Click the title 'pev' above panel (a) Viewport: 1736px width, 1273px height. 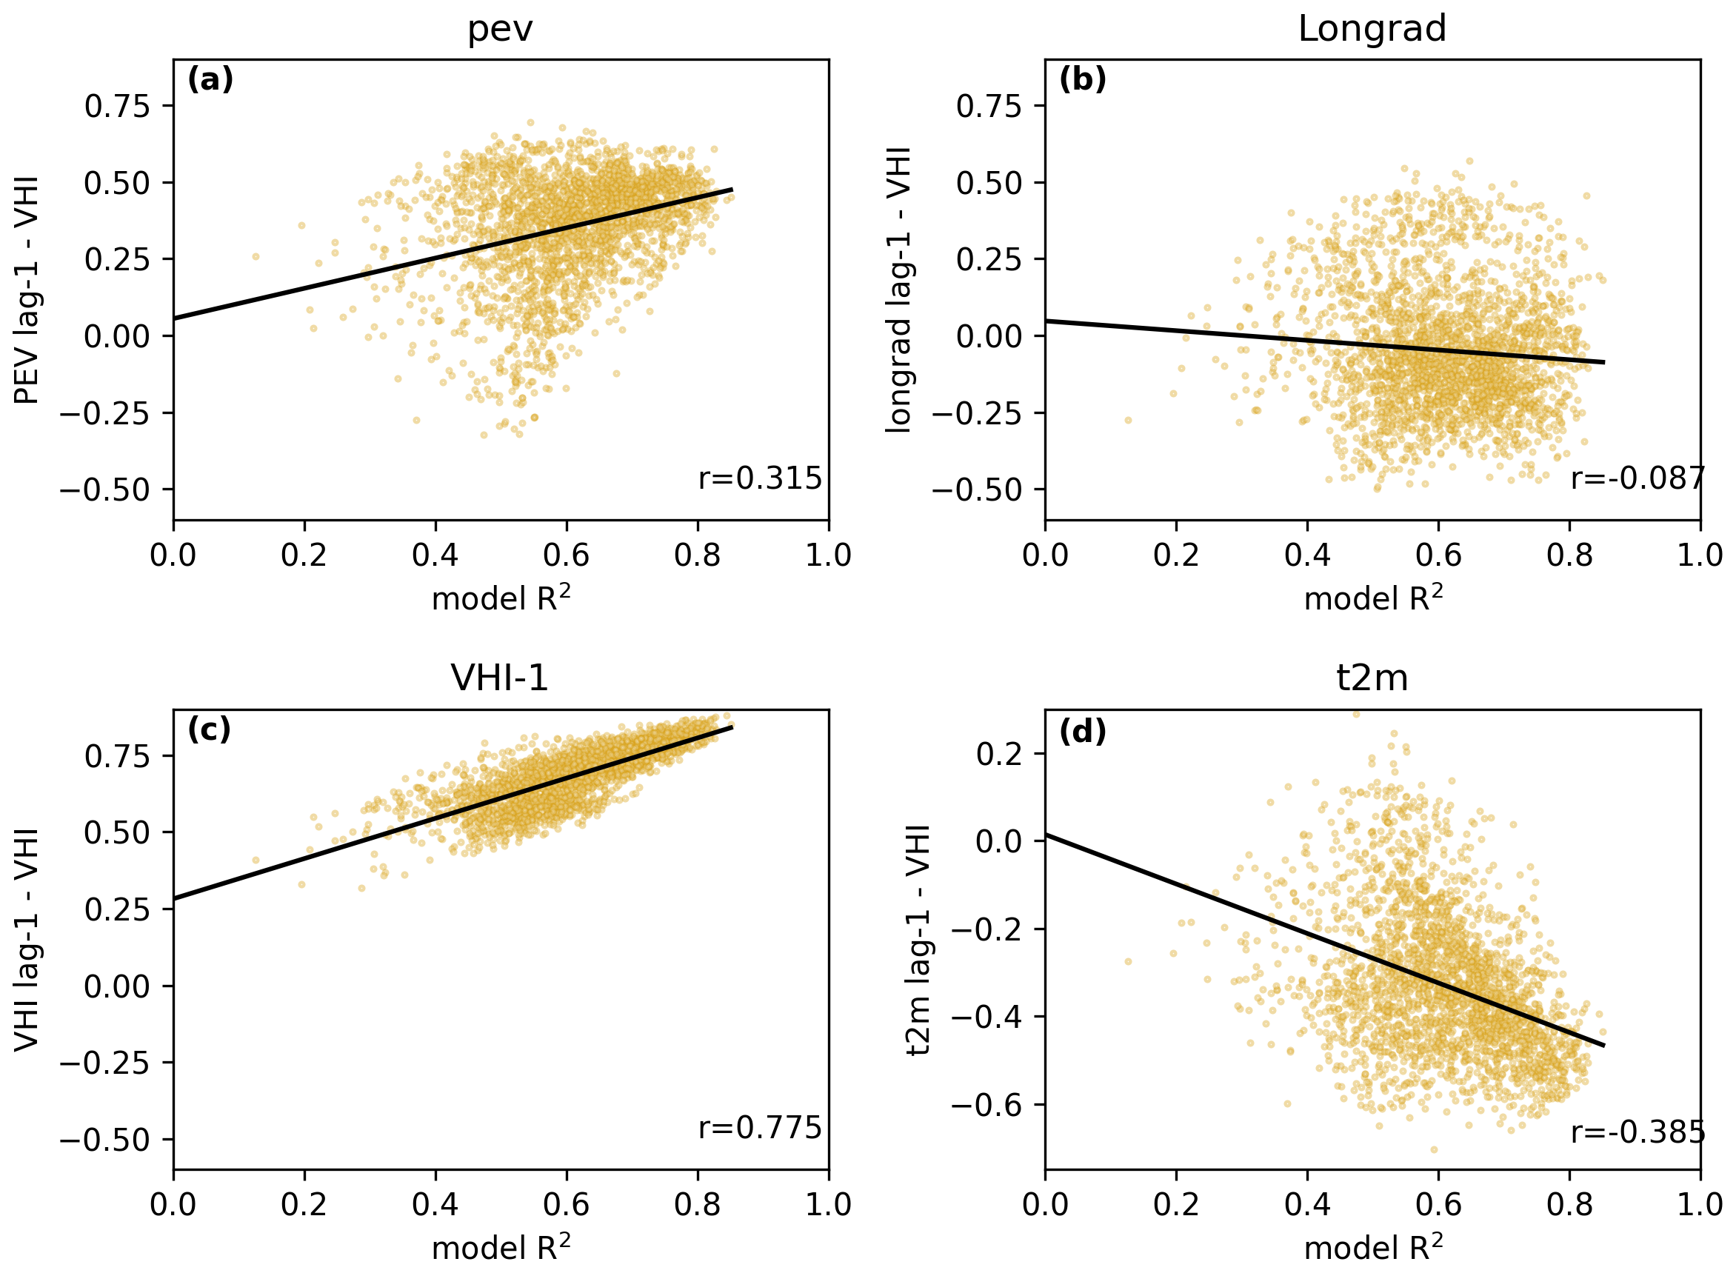(x=500, y=30)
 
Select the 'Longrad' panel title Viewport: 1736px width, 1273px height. (x=1372, y=30)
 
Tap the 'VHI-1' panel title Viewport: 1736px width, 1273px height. (x=499, y=678)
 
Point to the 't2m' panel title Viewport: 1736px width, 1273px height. (x=1372, y=678)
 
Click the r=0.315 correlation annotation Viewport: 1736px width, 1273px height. (x=760, y=478)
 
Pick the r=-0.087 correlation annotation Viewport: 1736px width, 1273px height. (x=1637, y=478)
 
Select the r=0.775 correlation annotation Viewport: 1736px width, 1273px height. (x=760, y=1127)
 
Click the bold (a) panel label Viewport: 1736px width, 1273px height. (x=210, y=79)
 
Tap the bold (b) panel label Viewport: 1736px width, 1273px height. (x=1082, y=79)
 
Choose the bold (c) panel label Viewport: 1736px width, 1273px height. (x=209, y=729)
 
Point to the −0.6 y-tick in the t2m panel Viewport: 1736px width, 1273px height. (x=989, y=1105)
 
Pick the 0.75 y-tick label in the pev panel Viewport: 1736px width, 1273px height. (x=117, y=107)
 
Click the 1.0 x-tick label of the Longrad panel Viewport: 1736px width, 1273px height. (x=1700, y=555)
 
